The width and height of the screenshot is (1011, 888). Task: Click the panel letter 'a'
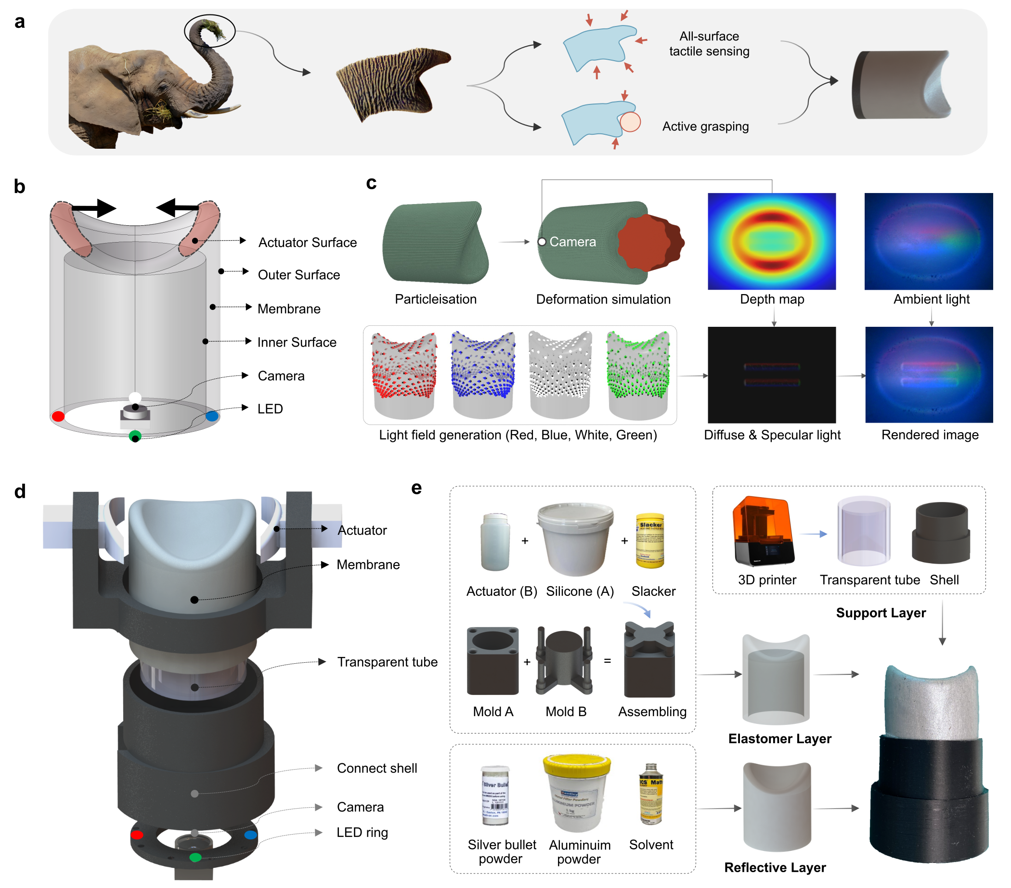(20, 22)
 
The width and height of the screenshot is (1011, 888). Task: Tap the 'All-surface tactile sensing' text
(709, 44)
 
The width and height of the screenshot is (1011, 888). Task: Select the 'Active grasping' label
(705, 127)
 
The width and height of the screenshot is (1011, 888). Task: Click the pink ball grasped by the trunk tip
(630, 122)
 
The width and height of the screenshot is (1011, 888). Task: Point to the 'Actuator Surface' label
(307, 243)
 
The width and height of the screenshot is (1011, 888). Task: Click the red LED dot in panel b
(58, 416)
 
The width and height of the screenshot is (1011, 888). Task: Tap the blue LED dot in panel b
(212, 416)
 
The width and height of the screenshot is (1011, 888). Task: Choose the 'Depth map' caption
(772, 299)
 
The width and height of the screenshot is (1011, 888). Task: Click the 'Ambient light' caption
(931, 299)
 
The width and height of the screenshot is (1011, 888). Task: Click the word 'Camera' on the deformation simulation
(572, 242)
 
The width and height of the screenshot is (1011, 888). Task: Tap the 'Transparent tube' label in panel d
(387, 662)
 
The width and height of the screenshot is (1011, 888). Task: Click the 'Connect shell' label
(376, 768)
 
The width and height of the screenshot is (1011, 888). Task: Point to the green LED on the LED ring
(195, 857)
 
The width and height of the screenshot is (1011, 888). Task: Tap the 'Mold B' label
(565, 711)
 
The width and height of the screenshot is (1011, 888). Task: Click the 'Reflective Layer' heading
(775, 867)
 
